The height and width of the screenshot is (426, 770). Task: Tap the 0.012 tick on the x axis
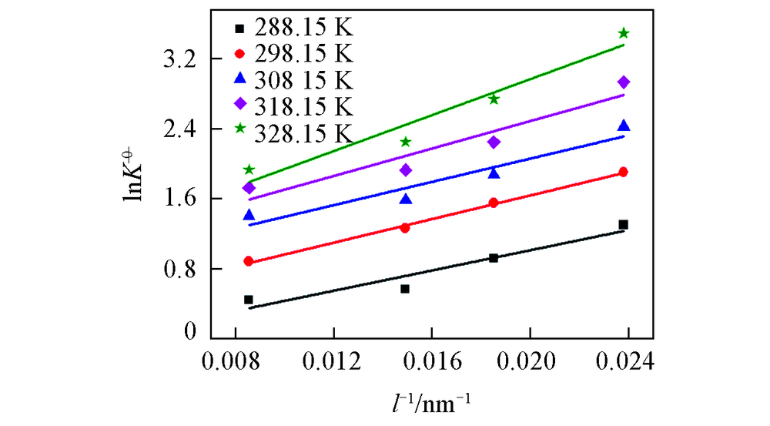333,361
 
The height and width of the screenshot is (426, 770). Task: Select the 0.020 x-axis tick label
531,361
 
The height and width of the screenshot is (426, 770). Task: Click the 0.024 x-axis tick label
628,361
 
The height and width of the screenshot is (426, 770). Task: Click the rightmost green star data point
624,33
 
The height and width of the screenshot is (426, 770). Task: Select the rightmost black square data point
624,225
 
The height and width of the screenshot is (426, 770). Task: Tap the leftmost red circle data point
249,261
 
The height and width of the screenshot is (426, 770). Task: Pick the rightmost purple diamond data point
624,82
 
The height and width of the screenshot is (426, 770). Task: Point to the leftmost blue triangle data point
249,215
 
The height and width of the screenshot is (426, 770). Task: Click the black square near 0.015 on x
405,289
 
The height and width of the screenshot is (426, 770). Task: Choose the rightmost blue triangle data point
624,126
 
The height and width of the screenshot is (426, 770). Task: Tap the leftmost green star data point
249,169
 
